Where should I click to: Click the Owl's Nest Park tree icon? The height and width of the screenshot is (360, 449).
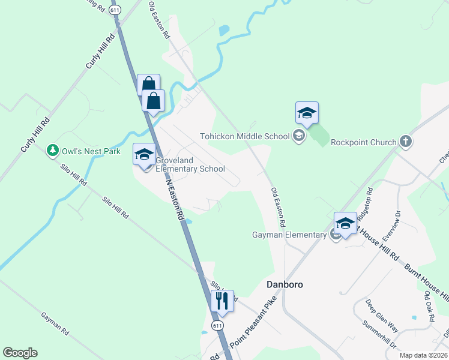53,151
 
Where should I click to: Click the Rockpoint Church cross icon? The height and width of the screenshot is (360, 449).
406,142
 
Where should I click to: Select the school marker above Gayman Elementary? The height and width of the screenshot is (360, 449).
345,224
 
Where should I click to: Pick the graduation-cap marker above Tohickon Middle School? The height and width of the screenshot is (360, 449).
307,113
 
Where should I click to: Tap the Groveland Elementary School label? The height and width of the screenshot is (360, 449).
190,164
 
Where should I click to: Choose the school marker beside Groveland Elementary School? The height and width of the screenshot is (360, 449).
144,154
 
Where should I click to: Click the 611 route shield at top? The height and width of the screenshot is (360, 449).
115,10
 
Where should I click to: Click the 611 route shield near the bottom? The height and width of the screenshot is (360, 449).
217,325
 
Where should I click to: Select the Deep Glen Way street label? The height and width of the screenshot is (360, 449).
382,316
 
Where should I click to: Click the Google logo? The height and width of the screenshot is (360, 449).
20,353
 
